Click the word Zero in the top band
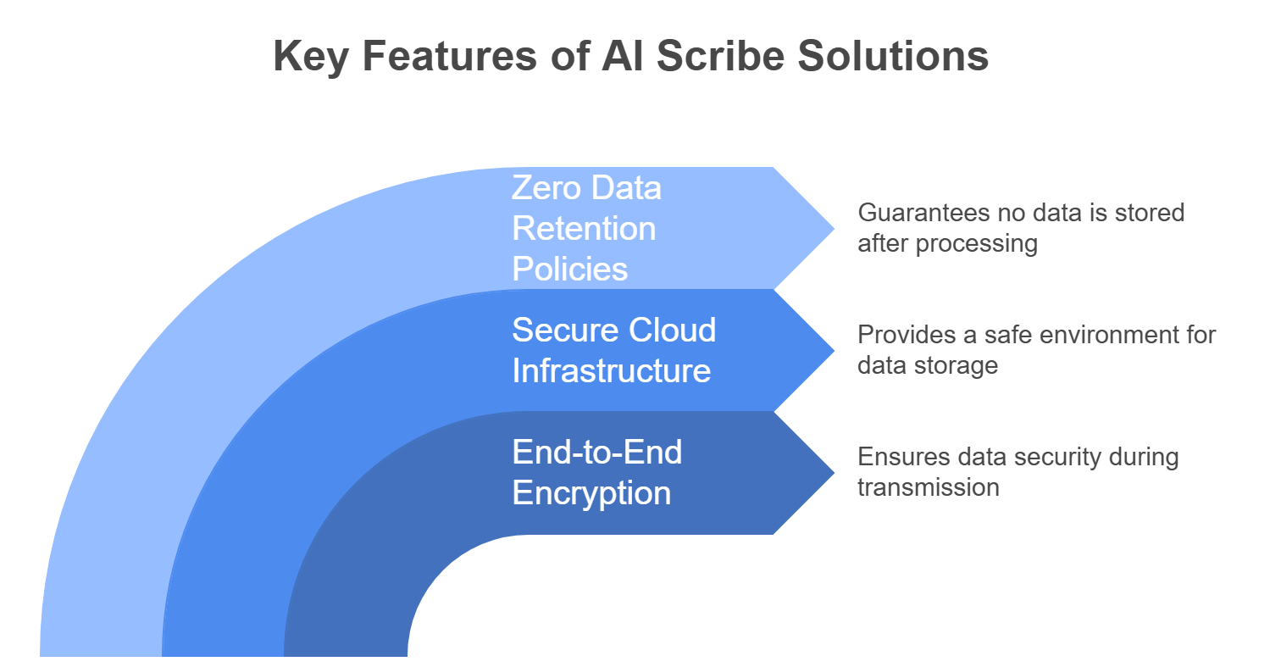coord(543,187)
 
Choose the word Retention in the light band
coord(584,228)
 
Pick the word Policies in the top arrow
coord(570,269)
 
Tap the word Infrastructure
coord(611,370)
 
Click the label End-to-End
coord(597,452)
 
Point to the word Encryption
coord(591,492)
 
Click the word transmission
coord(928,487)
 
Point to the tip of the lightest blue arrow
coord(833,228)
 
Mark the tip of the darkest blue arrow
coord(833,472)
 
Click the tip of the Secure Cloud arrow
coord(833,350)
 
